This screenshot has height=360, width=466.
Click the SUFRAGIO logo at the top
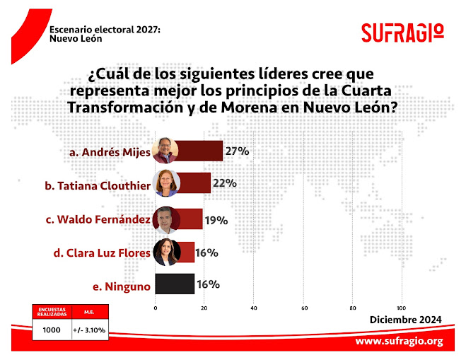[402, 33]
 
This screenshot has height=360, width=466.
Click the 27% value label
[238, 151]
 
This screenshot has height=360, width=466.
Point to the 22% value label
[224, 184]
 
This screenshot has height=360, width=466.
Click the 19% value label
[216, 220]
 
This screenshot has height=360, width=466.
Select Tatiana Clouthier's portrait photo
[167, 185]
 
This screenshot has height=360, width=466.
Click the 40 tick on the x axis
[254, 308]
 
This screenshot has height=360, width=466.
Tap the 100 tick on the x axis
[402, 308]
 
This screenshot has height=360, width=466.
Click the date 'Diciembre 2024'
[406, 320]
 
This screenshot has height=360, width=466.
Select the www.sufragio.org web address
[399, 342]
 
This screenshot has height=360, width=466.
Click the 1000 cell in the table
[51, 330]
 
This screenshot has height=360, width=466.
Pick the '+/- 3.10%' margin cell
[86, 330]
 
